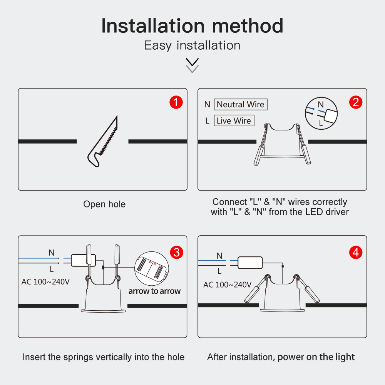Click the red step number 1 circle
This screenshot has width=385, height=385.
pos(176,102)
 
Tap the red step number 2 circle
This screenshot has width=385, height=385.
pos(355,102)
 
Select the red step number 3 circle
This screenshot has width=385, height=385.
pos(177,253)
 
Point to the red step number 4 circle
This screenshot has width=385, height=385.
pos(355,253)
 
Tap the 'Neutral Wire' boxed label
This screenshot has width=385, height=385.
pos(241,104)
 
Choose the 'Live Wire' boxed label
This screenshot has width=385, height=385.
pos(234,121)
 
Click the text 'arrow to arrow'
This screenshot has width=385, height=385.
pos(154,291)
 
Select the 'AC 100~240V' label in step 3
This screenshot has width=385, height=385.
pos(45,282)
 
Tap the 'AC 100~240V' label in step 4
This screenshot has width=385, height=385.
pos(228,285)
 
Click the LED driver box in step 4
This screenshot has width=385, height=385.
pos(250,263)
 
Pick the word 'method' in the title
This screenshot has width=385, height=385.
pos(248,25)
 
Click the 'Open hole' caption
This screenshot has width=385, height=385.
pos(104,204)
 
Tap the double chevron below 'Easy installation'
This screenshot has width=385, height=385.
pos(192,65)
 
